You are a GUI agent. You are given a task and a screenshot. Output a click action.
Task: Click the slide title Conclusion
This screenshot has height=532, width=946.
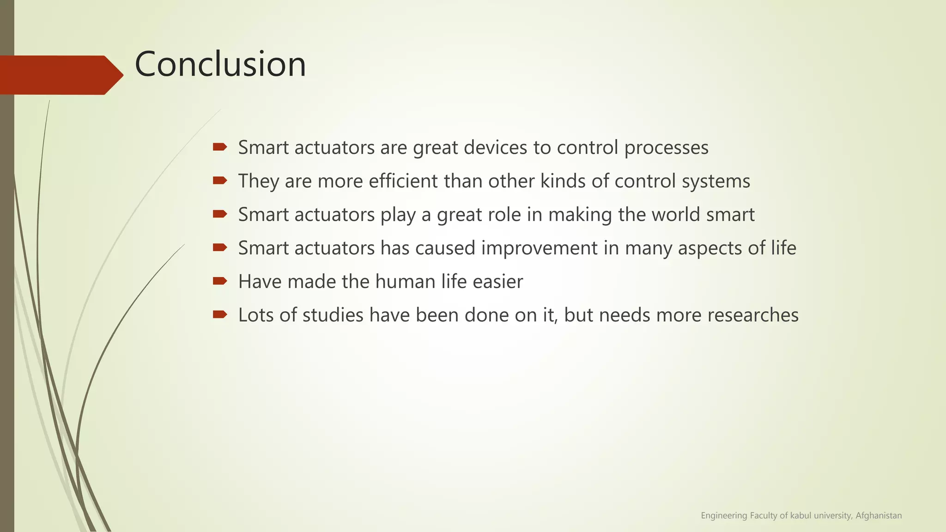click(x=220, y=64)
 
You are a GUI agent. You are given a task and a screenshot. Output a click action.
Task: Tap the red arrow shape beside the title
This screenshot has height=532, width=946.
click(x=60, y=75)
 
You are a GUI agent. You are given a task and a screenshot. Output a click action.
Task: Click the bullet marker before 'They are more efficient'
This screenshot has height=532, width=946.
click(x=219, y=181)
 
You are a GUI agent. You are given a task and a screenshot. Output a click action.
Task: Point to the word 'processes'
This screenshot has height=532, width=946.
click(x=666, y=148)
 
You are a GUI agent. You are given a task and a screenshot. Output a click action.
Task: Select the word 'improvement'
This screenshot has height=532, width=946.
click(x=540, y=248)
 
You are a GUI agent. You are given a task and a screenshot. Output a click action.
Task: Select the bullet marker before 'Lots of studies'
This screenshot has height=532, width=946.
click(x=219, y=314)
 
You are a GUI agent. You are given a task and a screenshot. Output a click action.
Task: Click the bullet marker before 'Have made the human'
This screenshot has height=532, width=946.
click(x=219, y=281)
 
